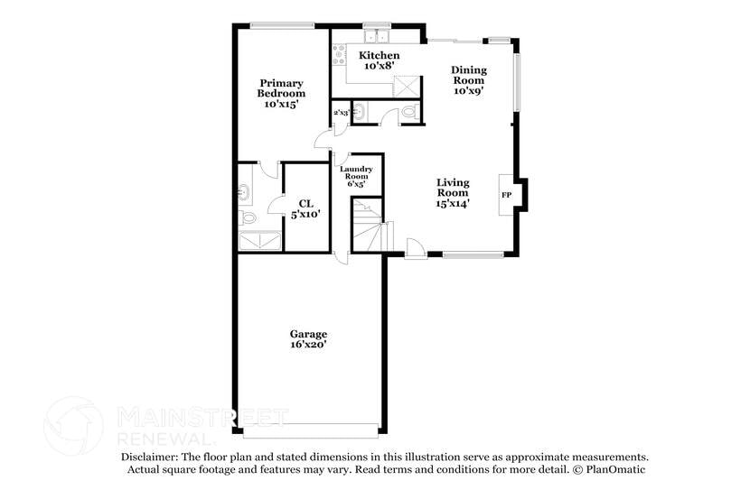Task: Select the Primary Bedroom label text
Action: (x=281, y=88)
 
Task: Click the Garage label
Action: (x=308, y=334)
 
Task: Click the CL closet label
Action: (x=305, y=203)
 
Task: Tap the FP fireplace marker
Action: (x=506, y=194)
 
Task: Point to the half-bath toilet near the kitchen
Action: (x=408, y=112)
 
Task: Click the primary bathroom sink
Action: (x=245, y=192)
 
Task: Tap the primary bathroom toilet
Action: (x=248, y=217)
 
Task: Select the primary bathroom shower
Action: (x=258, y=240)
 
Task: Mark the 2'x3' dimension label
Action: (x=341, y=113)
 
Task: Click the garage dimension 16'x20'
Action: (x=308, y=344)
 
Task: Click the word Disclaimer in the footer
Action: (x=149, y=457)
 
